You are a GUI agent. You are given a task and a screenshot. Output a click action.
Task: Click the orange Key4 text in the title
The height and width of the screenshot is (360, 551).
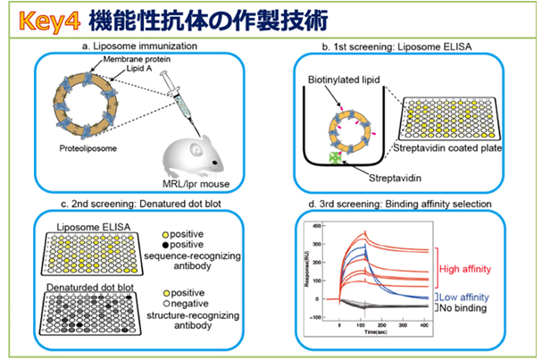(x=40, y=19)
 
